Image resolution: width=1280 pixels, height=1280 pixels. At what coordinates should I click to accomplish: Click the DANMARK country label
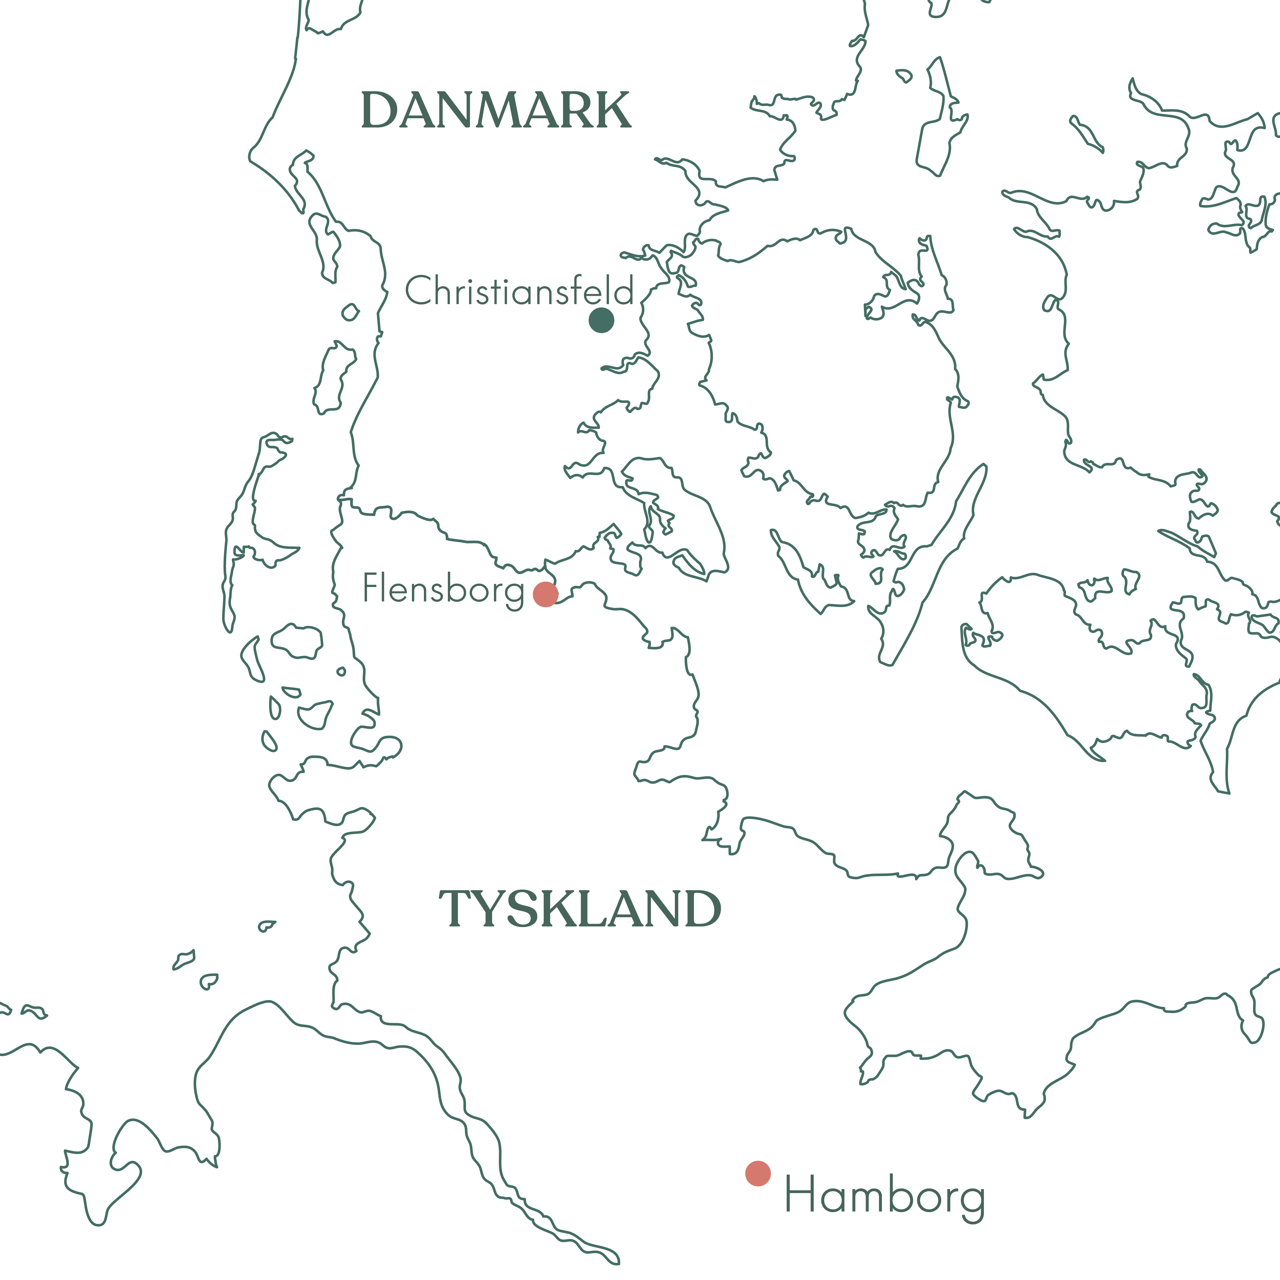coord(495,111)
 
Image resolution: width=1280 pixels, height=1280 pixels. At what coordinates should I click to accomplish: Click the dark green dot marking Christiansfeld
coord(601,321)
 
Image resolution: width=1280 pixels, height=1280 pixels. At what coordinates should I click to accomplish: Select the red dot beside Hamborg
coord(758,1173)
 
